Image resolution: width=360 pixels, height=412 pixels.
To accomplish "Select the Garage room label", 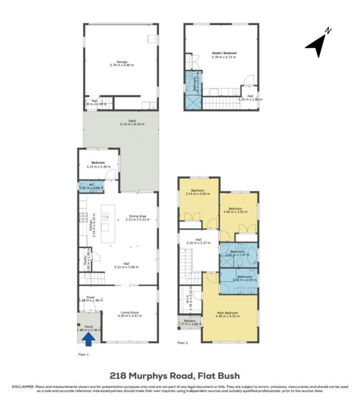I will coord(121,62).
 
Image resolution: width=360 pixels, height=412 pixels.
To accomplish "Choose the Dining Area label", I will coord(138,216).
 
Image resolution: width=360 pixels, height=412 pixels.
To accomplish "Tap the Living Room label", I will coord(129,313).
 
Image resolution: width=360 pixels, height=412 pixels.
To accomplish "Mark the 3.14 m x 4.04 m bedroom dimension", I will coord(197,194).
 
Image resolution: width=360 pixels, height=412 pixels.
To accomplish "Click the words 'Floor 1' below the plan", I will coord(83,355).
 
